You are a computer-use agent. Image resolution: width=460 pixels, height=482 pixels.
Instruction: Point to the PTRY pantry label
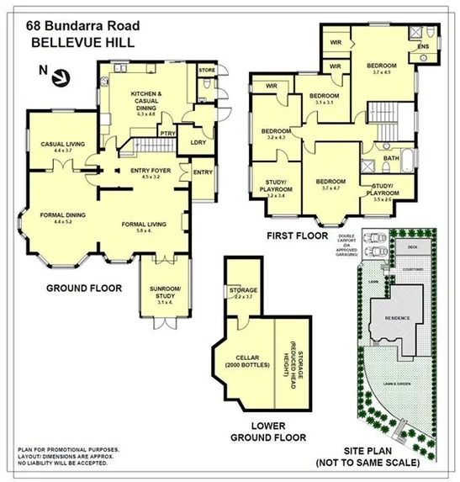(x=168, y=132)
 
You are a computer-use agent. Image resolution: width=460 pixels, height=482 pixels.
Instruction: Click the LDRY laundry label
(x=198, y=141)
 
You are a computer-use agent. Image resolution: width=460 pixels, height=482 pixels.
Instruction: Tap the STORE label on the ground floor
(x=208, y=70)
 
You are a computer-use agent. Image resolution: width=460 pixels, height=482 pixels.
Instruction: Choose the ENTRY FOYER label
(x=151, y=171)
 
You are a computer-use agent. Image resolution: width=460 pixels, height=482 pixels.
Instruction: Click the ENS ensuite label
(x=423, y=45)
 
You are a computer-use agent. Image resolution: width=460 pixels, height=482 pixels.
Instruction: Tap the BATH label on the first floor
(x=391, y=157)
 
